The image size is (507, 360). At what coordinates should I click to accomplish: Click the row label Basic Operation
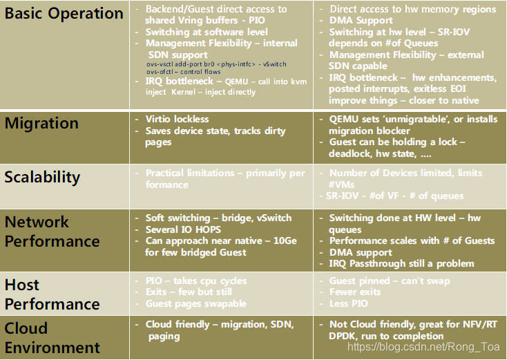pos(64,13)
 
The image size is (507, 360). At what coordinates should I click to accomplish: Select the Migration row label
pos(41,124)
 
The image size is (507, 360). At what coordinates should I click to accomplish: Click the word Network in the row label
pos(37,222)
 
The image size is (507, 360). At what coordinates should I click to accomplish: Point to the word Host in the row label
pos(22,285)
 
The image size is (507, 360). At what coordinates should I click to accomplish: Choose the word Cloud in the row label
pos(26,328)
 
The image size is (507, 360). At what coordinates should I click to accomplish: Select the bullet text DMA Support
pos(361,21)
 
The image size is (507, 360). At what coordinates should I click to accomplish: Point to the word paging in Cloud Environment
pos(164,337)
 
